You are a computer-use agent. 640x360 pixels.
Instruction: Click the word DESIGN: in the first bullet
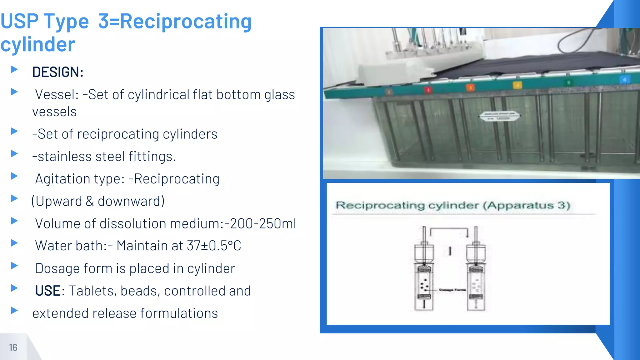[x=58, y=72]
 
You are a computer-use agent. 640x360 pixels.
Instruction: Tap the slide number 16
[x=13, y=347]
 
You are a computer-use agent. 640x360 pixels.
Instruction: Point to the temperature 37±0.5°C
[x=214, y=246]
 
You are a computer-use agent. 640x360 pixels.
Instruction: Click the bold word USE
[x=48, y=291]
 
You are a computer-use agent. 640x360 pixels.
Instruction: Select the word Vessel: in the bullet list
[x=57, y=95]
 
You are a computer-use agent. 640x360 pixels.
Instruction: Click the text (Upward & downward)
[x=98, y=201]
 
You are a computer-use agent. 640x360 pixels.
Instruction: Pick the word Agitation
[x=64, y=179]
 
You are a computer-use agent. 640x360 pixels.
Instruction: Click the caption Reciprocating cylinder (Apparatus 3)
[x=452, y=205]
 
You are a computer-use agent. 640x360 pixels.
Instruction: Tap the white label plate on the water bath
[x=499, y=116]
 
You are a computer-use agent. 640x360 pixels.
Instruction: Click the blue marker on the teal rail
[x=624, y=80]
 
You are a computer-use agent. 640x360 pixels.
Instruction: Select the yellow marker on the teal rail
[x=517, y=85]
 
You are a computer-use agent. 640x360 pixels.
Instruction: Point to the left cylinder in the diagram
[x=424, y=275]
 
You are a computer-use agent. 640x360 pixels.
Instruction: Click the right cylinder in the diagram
[x=476, y=275]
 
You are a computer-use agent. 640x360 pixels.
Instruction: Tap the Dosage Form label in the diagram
[x=452, y=290]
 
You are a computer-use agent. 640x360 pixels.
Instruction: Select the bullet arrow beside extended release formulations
[x=14, y=310]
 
